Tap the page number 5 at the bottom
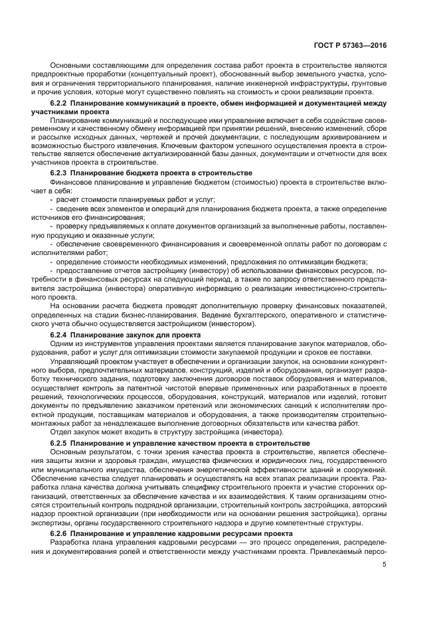385,565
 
